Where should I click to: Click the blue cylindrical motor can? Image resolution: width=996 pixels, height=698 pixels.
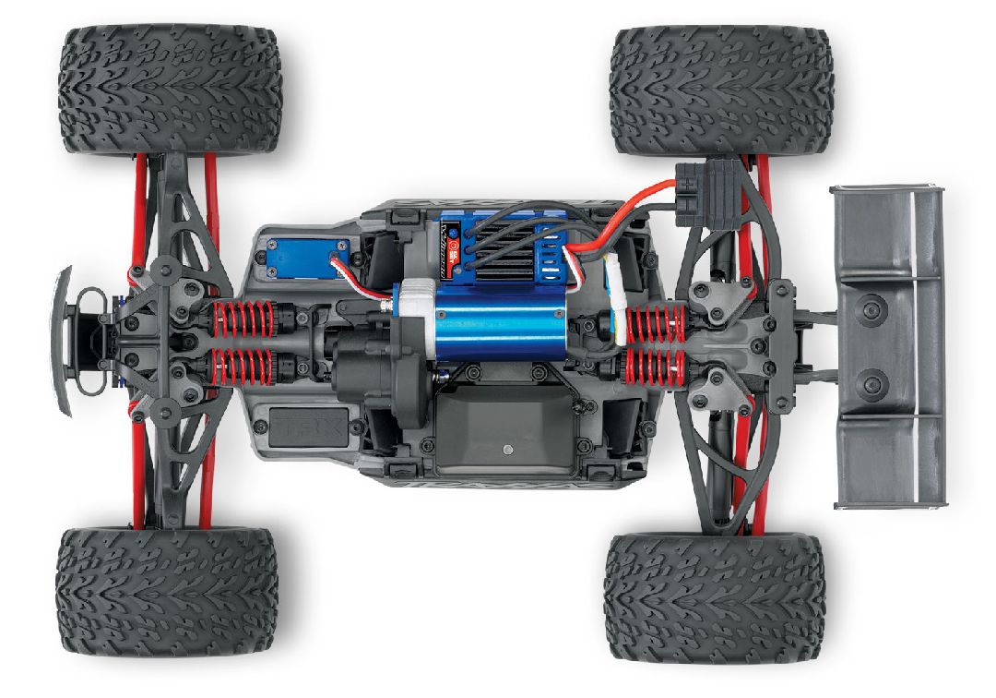489,321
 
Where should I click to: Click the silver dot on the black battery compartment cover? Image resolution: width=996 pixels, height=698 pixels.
506,451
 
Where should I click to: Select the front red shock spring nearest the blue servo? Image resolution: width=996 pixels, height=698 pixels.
243,319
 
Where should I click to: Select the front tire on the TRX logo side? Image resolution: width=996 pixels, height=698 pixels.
167,592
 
